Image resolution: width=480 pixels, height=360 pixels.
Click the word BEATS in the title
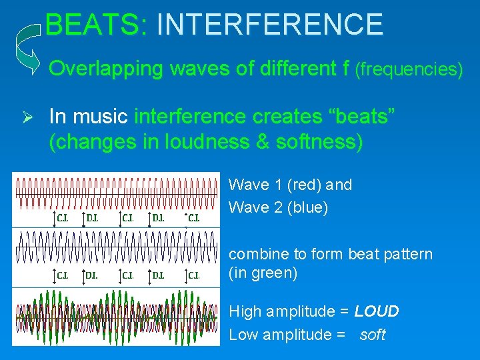[x=95, y=25]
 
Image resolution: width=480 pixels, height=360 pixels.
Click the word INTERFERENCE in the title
[x=269, y=25]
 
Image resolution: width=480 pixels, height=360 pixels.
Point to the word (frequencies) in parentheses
[x=409, y=69]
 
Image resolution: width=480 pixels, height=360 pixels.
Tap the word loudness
[x=197, y=143]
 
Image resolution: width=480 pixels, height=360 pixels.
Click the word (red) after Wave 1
[x=303, y=185]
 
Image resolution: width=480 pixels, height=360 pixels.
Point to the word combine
[x=255, y=254]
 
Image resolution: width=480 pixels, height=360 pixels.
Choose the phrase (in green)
[x=263, y=273]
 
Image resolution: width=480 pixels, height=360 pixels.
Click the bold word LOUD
[x=377, y=311]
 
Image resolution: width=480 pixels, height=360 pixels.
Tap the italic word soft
[x=372, y=335]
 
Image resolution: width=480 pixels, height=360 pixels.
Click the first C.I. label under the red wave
[x=62, y=217]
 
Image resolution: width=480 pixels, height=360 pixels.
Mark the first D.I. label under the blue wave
[x=92, y=275]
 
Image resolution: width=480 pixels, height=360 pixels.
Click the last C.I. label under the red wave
[x=193, y=217]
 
